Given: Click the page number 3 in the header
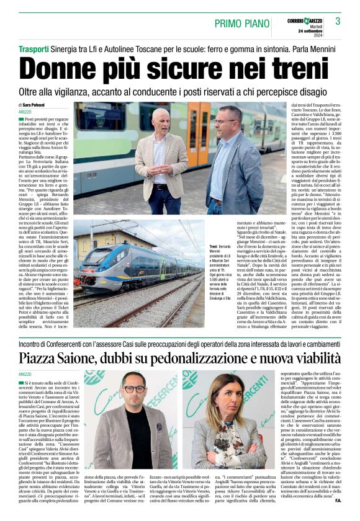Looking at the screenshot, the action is [338, 21].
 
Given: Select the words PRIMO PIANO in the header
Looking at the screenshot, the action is [239, 23].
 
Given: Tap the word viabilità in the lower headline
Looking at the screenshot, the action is [310, 358].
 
